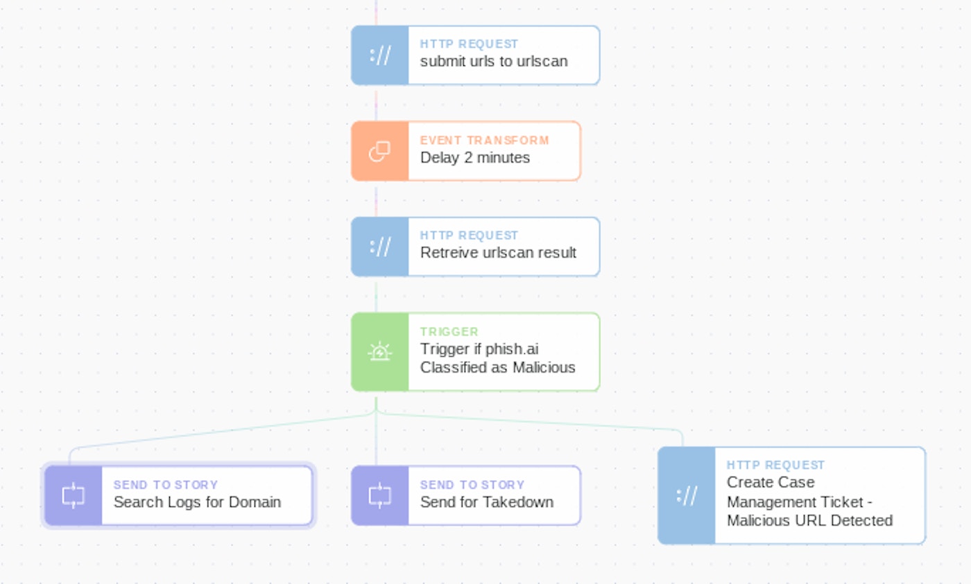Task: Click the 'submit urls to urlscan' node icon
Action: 379,55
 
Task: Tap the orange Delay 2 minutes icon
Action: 379,151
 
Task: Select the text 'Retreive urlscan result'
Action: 498,253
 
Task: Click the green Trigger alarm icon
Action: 379,352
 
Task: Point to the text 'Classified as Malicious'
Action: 497,368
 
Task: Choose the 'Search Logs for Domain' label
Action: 197,502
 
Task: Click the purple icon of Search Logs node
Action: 73,495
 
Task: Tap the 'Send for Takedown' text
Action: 486,502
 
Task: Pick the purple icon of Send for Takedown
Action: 379,495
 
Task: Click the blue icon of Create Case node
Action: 686,495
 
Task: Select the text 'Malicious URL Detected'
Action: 809,521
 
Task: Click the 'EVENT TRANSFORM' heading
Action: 484,140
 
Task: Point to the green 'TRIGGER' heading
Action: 449,332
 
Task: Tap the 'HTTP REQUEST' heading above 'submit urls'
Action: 469,44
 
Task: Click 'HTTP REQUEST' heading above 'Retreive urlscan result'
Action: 469,236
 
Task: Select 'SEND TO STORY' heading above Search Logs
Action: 166,485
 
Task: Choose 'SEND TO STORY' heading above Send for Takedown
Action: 472,485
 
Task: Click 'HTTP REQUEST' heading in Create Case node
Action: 775,465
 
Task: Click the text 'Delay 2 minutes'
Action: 474,158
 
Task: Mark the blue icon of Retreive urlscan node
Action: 379,247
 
